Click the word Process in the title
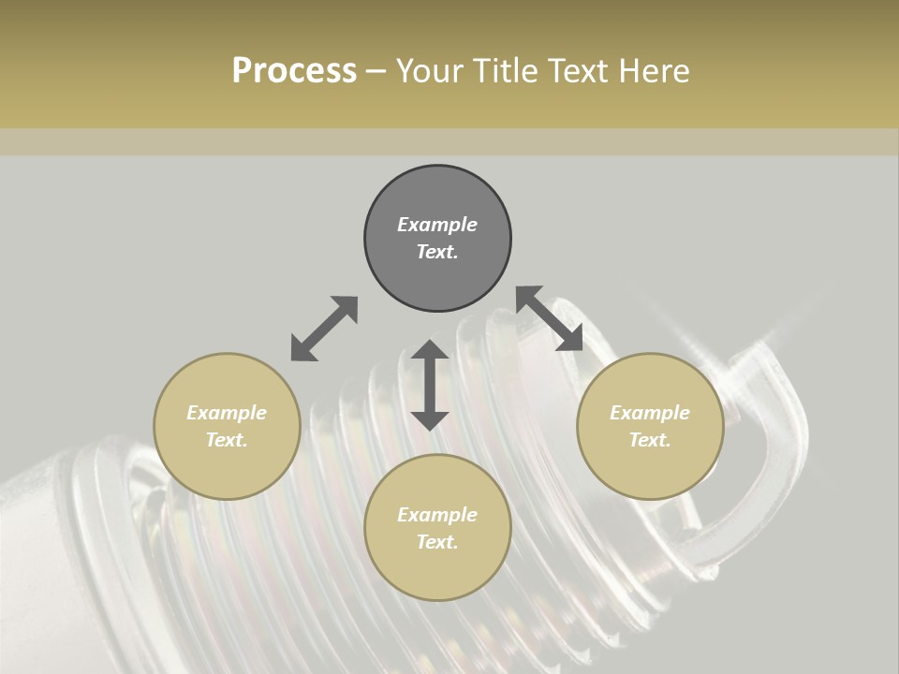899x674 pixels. [x=294, y=71]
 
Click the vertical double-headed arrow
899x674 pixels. [x=430, y=385]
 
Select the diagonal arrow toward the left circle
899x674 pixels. [x=324, y=329]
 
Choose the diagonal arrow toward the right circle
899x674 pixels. [x=550, y=318]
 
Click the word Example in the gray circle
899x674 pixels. [x=437, y=225]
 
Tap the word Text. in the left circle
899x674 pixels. [x=227, y=440]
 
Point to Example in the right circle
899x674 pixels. [x=650, y=413]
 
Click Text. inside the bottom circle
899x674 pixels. [x=437, y=542]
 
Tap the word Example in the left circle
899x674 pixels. [x=227, y=413]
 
